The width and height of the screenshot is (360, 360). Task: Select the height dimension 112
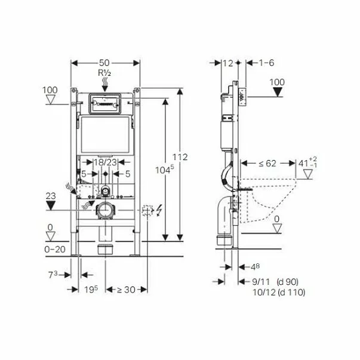click(x=182, y=157)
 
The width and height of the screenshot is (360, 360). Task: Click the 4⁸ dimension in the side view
click(x=254, y=266)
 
